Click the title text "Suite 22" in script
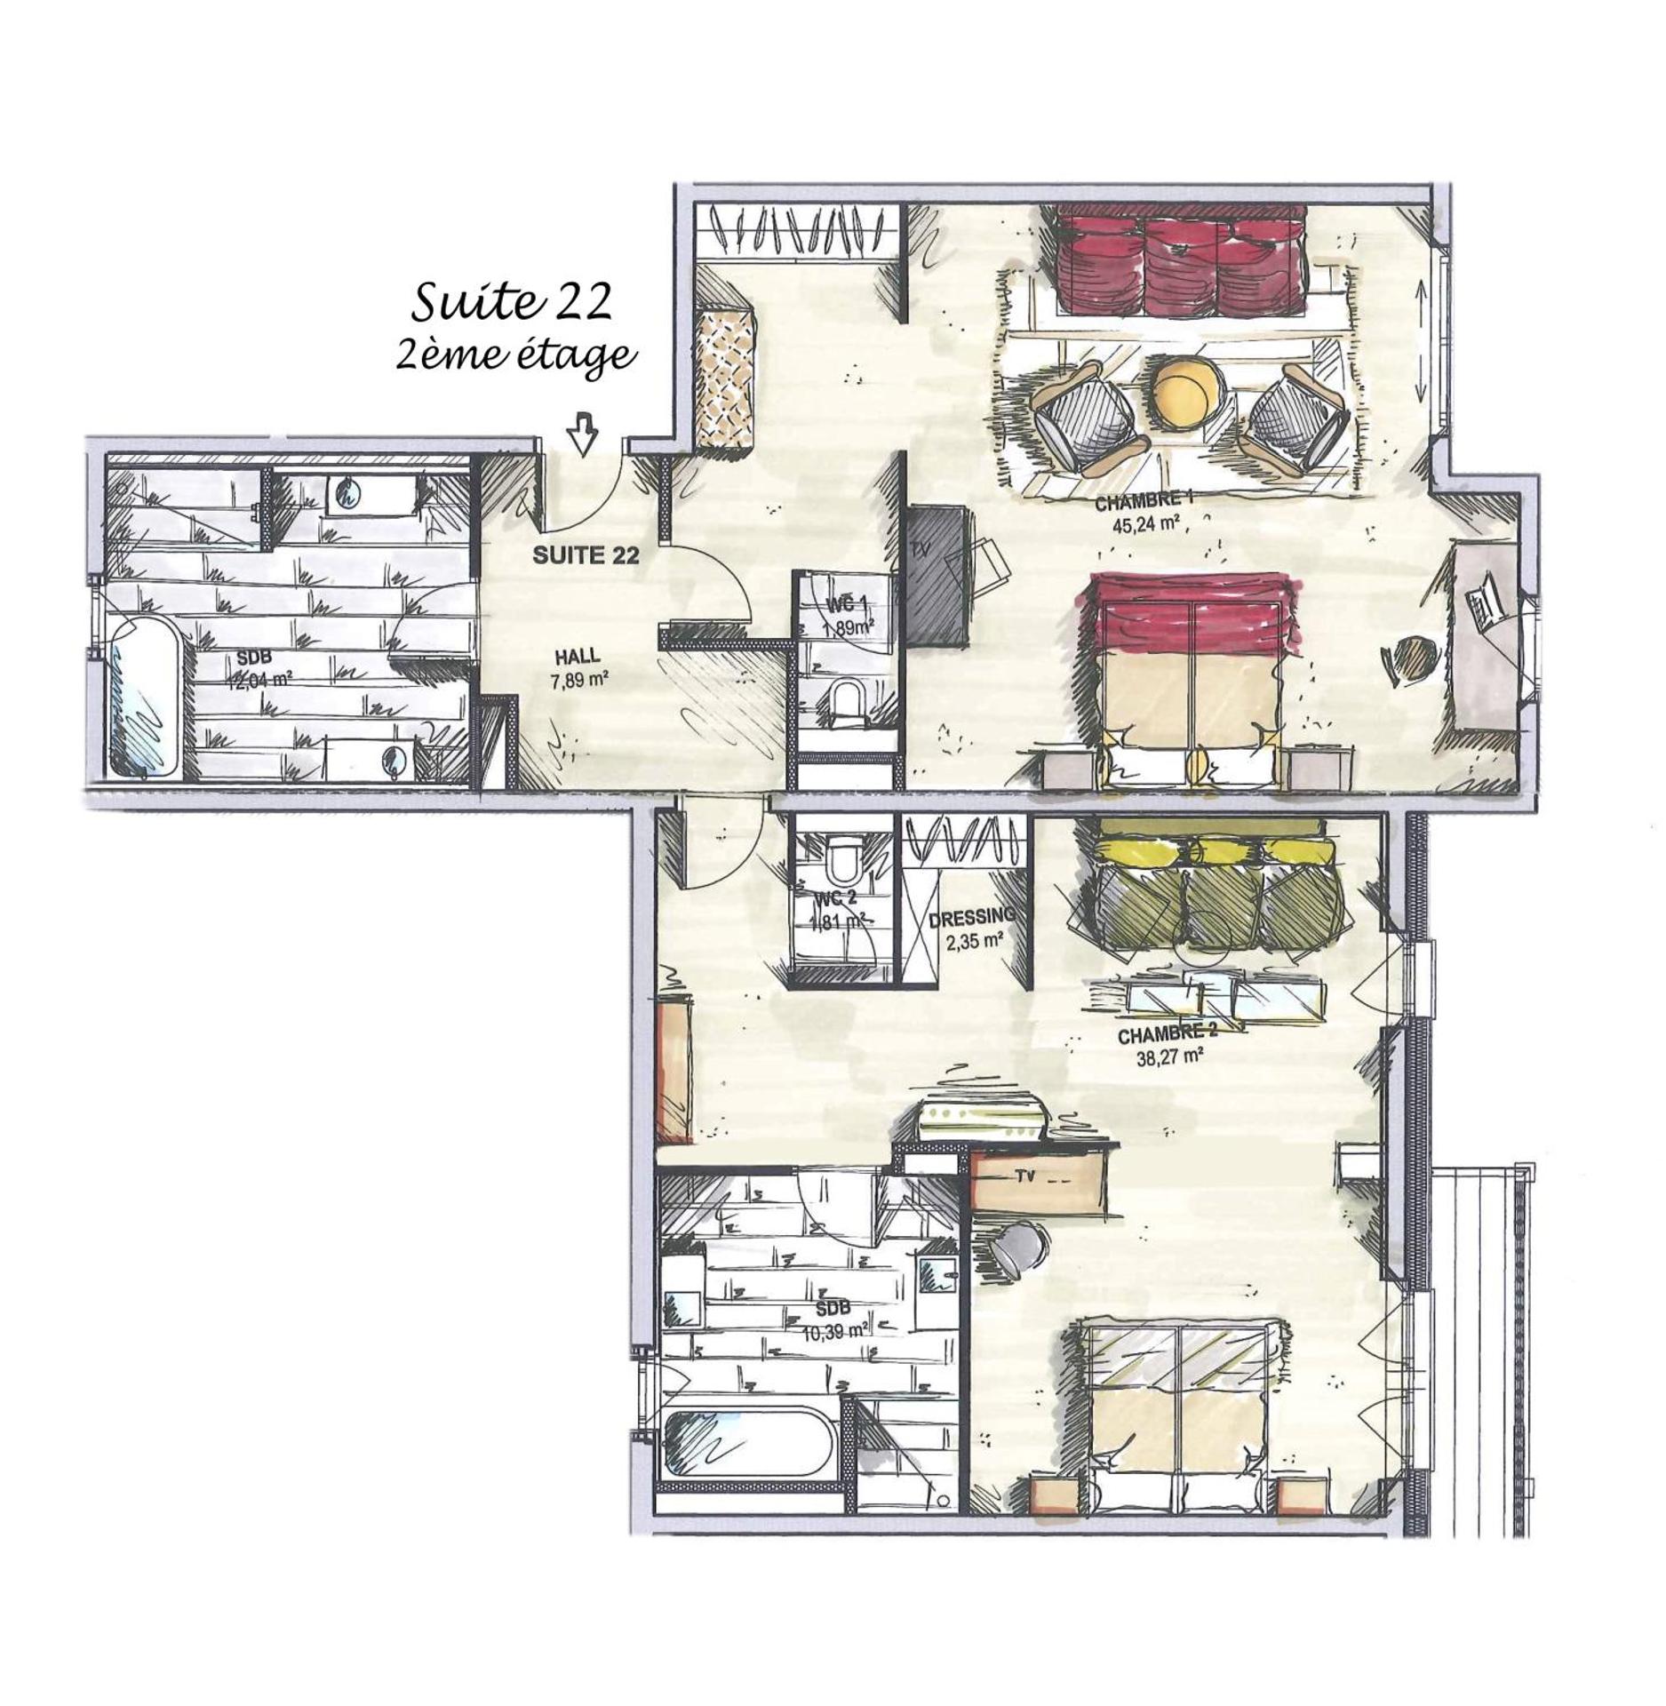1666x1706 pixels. click(513, 302)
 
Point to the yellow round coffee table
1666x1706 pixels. click(1188, 391)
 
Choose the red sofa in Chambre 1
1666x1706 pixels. click(1179, 262)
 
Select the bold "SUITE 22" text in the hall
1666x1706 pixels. click(586, 555)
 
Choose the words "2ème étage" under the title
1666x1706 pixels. click(515, 355)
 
